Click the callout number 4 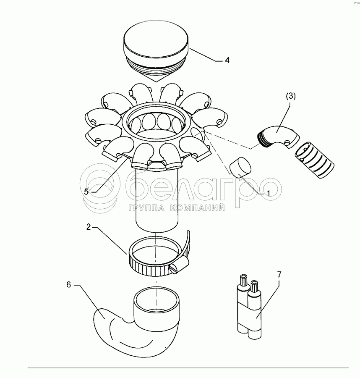pos(227,60)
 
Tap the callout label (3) pos(291,96)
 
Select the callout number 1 pos(268,193)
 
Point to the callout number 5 pos(86,192)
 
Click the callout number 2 pos(89,227)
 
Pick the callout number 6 pos(69,285)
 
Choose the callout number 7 pos(279,274)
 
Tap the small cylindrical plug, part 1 pos(240,167)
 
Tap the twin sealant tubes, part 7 pos(249,306)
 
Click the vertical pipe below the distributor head pos(157,200)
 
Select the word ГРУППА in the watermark pos(147,207)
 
